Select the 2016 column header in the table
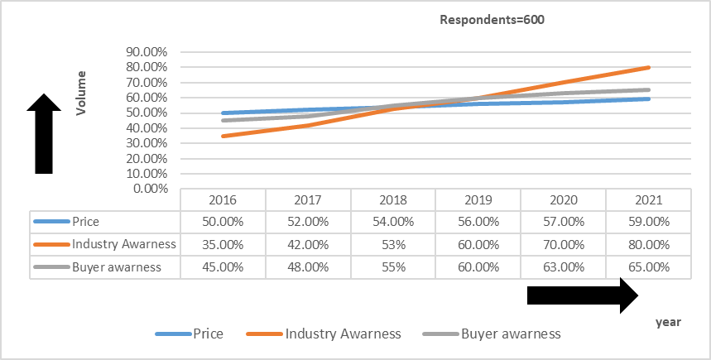pyautogui.click(x=223, y=200)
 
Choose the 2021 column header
pyautogui.click(x=648, y=200)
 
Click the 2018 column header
pyautogui.click(x=393, y=200)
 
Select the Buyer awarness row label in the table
pyautogui.click(x=117, y=267)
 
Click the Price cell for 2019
pyautogui.click(x=478, y=221)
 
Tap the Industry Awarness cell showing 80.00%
pyautogui.click(x=648, y=244)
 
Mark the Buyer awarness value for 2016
pyautogui.click(x=223, y=267)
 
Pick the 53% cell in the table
pyautogui.click(x=393, y=244)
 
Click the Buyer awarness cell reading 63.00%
pyautogui.click(x=563, y=267)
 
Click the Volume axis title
pyautogui.click(x=81, y=97)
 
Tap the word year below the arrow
pyautogui.click(x=668, y=321)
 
